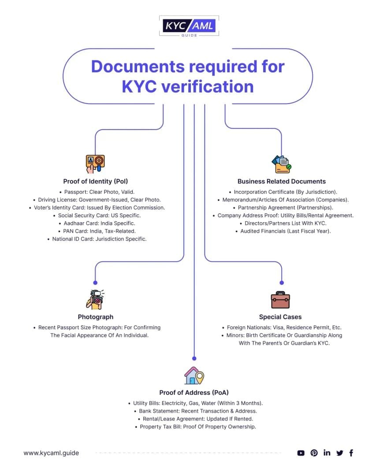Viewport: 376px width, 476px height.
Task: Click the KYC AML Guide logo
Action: tap(188, 26)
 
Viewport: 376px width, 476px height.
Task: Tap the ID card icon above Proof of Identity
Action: tap(95, 163)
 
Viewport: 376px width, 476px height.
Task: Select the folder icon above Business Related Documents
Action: tap(281, 164)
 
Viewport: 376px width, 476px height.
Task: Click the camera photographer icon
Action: tap(95, 299)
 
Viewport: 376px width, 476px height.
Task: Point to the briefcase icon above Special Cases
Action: tap(280, 300)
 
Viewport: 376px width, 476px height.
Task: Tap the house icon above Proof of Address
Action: tap(194, 376)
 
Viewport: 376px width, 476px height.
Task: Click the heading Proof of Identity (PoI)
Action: tap(96, 181)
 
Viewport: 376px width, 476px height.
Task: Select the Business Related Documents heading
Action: tap(281, 181)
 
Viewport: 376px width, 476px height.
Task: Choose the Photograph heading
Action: tap(95, 317)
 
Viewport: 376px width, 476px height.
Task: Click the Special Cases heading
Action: tap(280, 317)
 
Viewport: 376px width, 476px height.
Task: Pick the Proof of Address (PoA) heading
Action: tap(194, 392)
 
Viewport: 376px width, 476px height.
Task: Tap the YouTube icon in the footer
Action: tap(301, 453)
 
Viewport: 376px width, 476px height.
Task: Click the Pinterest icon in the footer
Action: tap(314, 453)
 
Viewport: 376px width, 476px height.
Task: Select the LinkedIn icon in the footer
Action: tap(327, 453)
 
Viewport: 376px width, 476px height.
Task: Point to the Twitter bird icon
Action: tap(339, 453)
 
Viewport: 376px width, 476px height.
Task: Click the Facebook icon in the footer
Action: tap(351, 453)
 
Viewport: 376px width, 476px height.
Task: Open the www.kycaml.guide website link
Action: tap(51, 453)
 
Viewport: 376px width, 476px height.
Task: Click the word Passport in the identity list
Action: tap(76, 192)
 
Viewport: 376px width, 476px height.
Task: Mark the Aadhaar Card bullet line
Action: tap(96, 223)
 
